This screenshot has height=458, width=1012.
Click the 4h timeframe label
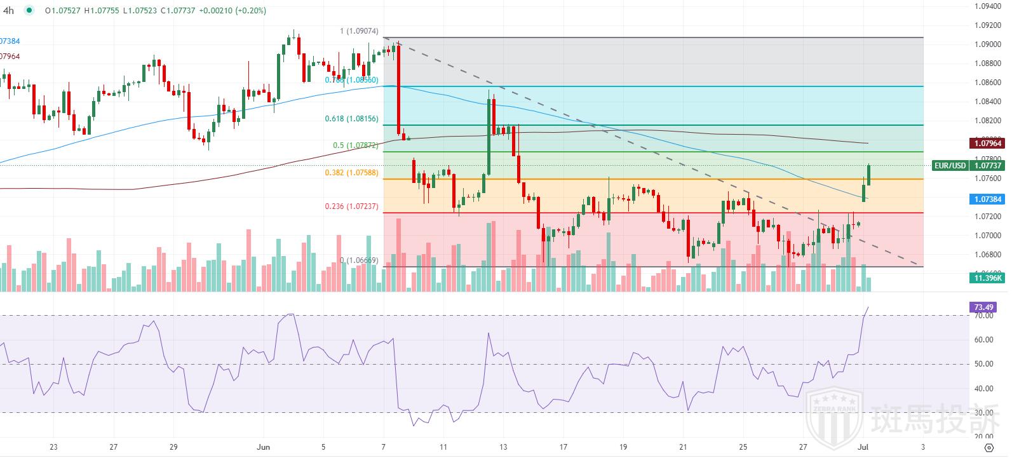(9, 10)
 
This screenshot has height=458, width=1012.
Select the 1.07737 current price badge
(988, 166)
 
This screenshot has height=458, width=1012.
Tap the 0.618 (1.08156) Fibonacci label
(352, 119)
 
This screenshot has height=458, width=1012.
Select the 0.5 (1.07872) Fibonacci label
(355, 145)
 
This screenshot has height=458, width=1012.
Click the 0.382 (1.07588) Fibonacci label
(351, 172)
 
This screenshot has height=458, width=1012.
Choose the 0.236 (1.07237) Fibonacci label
(351, 206)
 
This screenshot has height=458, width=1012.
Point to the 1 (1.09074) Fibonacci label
(359, 31)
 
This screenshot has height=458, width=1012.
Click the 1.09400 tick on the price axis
(988, 6)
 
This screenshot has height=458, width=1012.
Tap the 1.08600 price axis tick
(988, 83)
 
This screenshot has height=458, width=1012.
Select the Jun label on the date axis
(264, 447)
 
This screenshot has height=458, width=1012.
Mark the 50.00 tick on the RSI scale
(983, 364)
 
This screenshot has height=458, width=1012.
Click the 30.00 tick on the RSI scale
(983, 413)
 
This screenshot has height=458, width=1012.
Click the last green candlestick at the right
(868, 175)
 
